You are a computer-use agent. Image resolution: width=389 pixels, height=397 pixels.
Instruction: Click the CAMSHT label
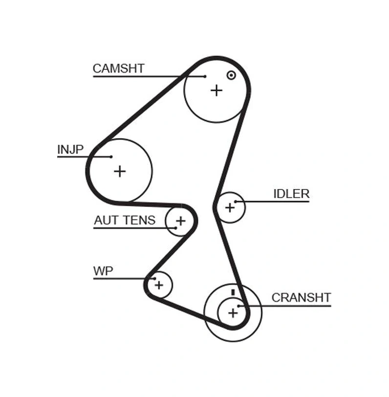118,68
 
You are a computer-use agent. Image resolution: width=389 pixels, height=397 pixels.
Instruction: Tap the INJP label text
70,149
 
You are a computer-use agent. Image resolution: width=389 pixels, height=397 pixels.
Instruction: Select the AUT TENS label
124,220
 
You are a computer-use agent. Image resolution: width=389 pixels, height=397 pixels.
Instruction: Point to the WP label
103,271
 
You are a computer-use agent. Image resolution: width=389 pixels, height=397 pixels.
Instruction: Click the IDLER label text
291,194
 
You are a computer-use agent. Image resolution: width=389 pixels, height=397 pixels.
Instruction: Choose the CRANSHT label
301,297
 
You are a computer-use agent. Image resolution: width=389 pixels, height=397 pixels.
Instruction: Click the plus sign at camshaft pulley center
216,90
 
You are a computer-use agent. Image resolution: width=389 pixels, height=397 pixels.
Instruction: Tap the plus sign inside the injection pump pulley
119,171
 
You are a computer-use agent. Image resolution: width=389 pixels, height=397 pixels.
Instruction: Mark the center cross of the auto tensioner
180,221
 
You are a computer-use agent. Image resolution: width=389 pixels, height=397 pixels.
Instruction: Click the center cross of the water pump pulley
159,285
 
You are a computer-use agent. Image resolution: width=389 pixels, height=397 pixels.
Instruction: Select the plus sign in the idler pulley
230,208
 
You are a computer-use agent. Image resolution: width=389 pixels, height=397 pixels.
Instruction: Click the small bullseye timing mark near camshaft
231,75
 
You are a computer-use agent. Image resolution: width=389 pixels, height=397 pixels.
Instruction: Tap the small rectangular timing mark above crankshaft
234,292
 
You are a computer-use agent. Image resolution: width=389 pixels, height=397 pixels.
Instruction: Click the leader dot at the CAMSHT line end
205,76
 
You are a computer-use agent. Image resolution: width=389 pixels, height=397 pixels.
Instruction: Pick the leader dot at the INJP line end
111,157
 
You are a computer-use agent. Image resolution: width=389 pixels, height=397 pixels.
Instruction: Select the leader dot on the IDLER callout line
236,201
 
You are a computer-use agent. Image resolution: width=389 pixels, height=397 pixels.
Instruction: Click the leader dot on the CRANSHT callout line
239,306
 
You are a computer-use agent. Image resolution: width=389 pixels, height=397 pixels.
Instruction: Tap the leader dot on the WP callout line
154,279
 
